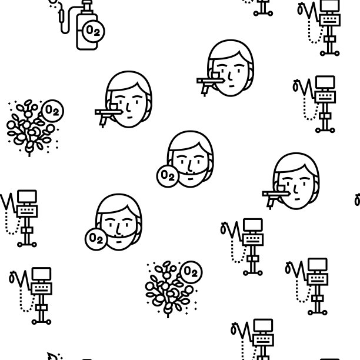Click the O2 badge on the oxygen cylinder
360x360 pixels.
click(x=93, y=31)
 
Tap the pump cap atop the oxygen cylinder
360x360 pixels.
click(x=87, y=5)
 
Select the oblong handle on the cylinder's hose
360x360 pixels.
click(x=61, y=16)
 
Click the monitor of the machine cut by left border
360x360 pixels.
click(x=27, y=196)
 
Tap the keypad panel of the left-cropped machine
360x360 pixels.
click(x=27, y=211)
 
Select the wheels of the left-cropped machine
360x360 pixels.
click(x=27, y=245)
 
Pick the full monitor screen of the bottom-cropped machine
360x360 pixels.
click(x=264, y=325)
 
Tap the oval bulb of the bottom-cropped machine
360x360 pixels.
click(x=234, y=329)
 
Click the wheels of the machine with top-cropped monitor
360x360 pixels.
click(x=329, y=54)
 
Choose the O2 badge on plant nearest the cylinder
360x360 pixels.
click(x=52, y=111)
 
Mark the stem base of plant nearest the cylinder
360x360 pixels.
click(x=29, y=154)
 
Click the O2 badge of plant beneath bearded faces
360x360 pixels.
click(x=191, y=272)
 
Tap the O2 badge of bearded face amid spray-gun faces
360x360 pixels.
click(x=168, y=176)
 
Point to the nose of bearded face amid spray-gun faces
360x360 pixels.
click(x=189, y=165)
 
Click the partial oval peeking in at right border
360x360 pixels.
click(x=357, y=200)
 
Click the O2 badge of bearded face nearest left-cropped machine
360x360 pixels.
click(x=96, y=239)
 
